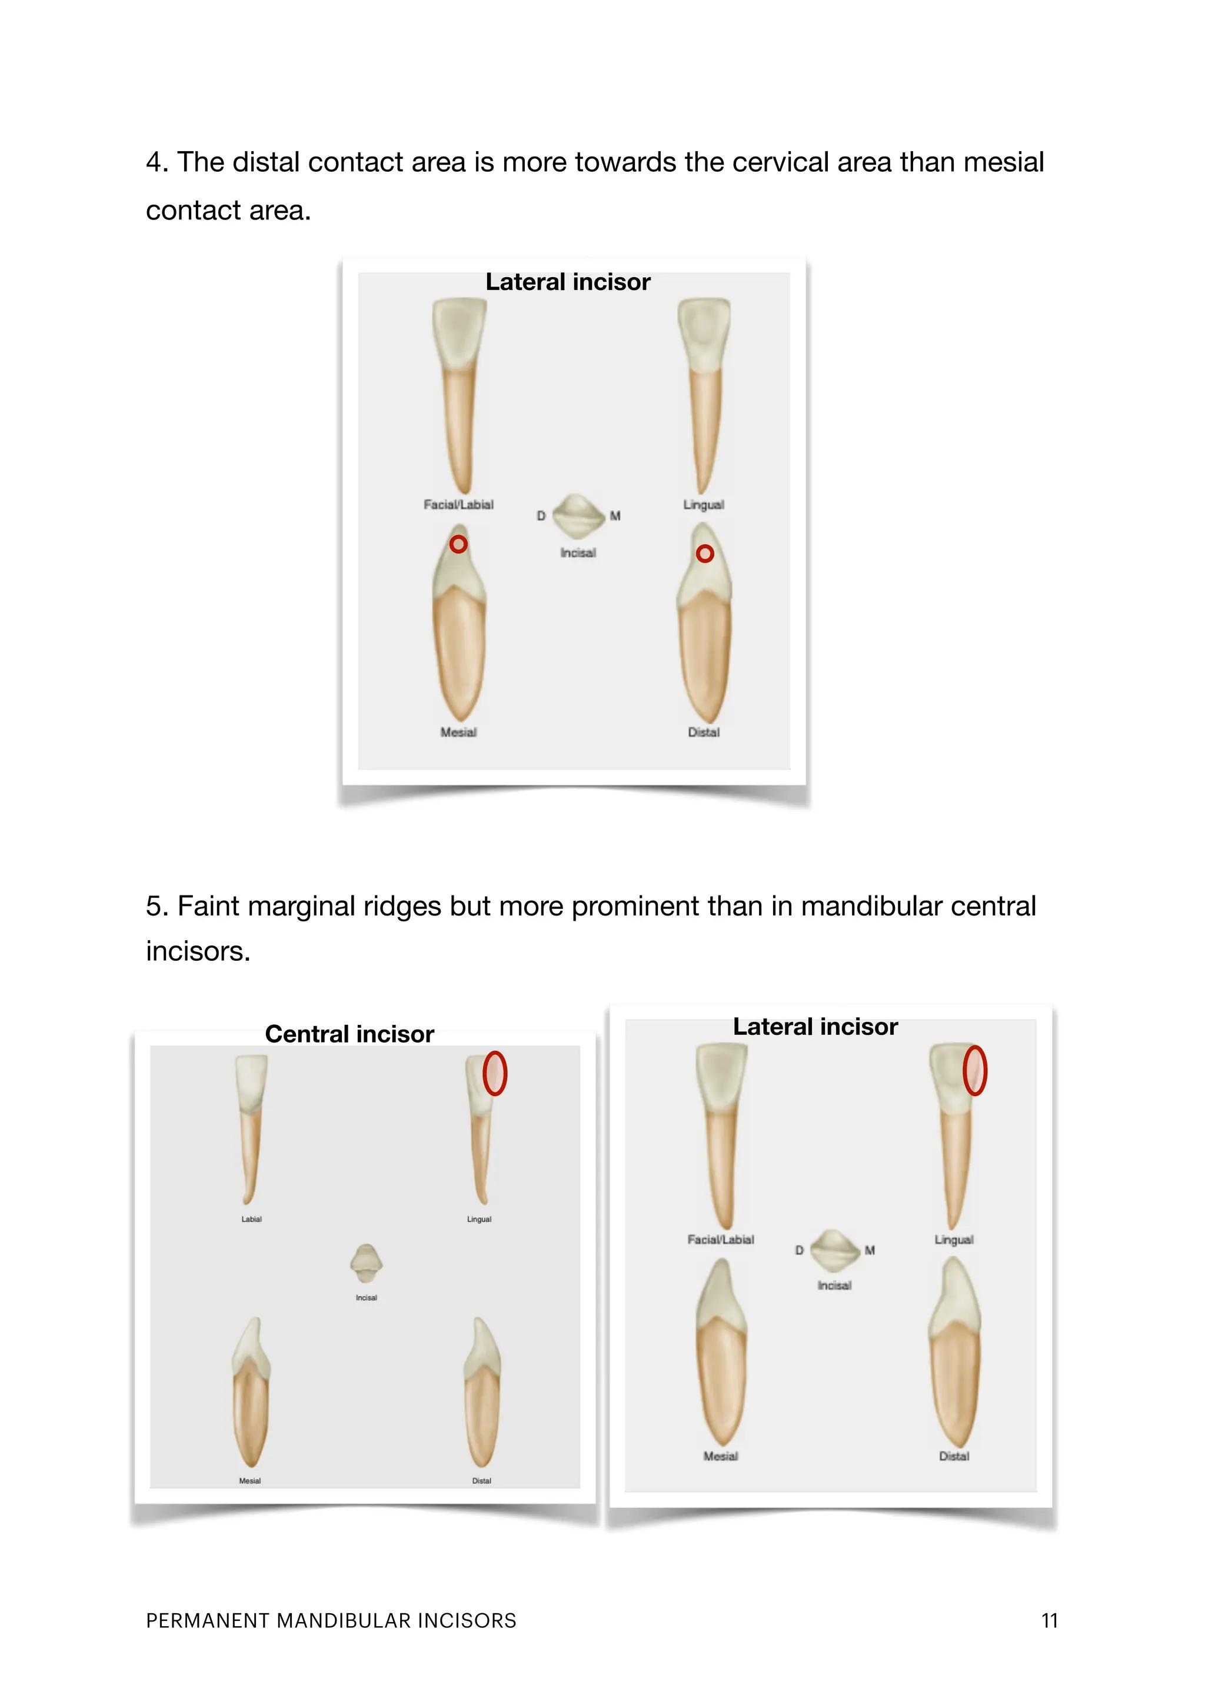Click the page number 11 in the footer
pos(1048,1620)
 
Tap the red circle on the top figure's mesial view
pos(459,544)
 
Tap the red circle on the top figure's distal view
pos(705,553)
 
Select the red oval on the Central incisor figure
pos(494,1073)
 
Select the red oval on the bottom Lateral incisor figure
pos(974,1070)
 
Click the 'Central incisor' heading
pos(349,1034)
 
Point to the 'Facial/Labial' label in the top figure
pos(458,504)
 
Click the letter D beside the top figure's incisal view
pos(541,515)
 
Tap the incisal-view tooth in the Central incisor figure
pos(366,1263)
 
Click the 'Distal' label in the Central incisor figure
pos(481,1481)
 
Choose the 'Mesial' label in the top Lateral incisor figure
pos(458,732)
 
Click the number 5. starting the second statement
pos(157,906)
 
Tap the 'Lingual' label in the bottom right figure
pos(953,1240)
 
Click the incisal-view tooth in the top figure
pos(578,515)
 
